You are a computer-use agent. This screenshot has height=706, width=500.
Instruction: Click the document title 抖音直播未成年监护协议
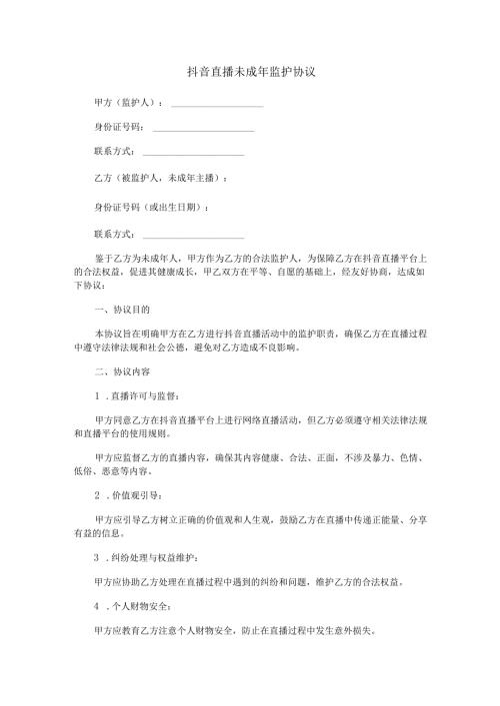251,72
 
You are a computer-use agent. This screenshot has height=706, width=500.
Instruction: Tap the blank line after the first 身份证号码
202,130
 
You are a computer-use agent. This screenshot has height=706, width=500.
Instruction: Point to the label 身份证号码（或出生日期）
150,207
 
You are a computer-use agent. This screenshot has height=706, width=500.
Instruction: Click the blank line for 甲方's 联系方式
193,155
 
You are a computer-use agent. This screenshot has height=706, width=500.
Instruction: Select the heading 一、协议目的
120,311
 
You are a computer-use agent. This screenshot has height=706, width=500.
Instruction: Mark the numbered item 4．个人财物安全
133,606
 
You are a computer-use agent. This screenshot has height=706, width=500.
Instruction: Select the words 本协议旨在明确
124,332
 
